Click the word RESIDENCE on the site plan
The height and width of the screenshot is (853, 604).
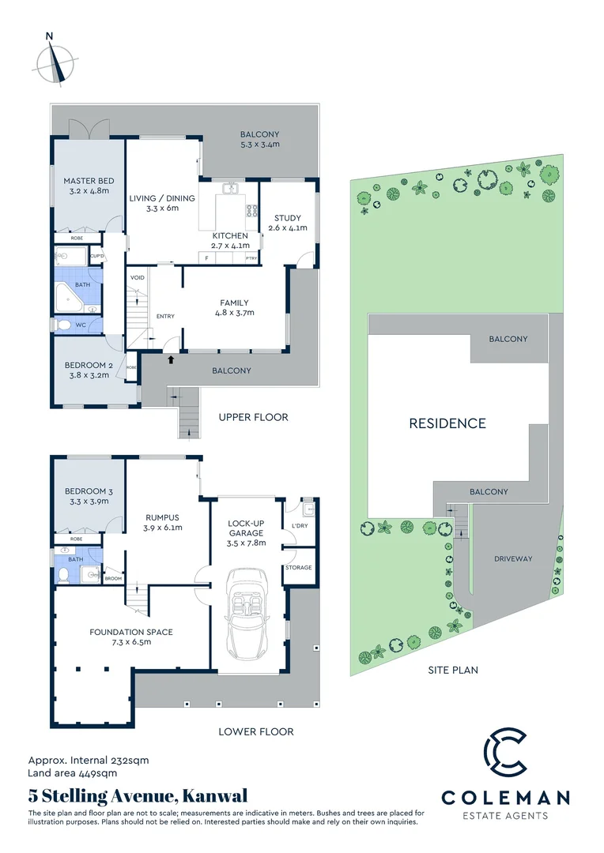(447, 423)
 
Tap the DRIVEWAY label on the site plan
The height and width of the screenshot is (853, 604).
(514, 558)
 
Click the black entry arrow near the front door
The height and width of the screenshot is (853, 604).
(171, 360)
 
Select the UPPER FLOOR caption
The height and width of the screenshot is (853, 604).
(253, 417)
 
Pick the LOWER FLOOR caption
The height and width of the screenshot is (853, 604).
(255, 731)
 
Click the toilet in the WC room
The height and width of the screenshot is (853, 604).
(64, 325)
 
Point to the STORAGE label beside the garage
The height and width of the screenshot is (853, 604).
(299, 568)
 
